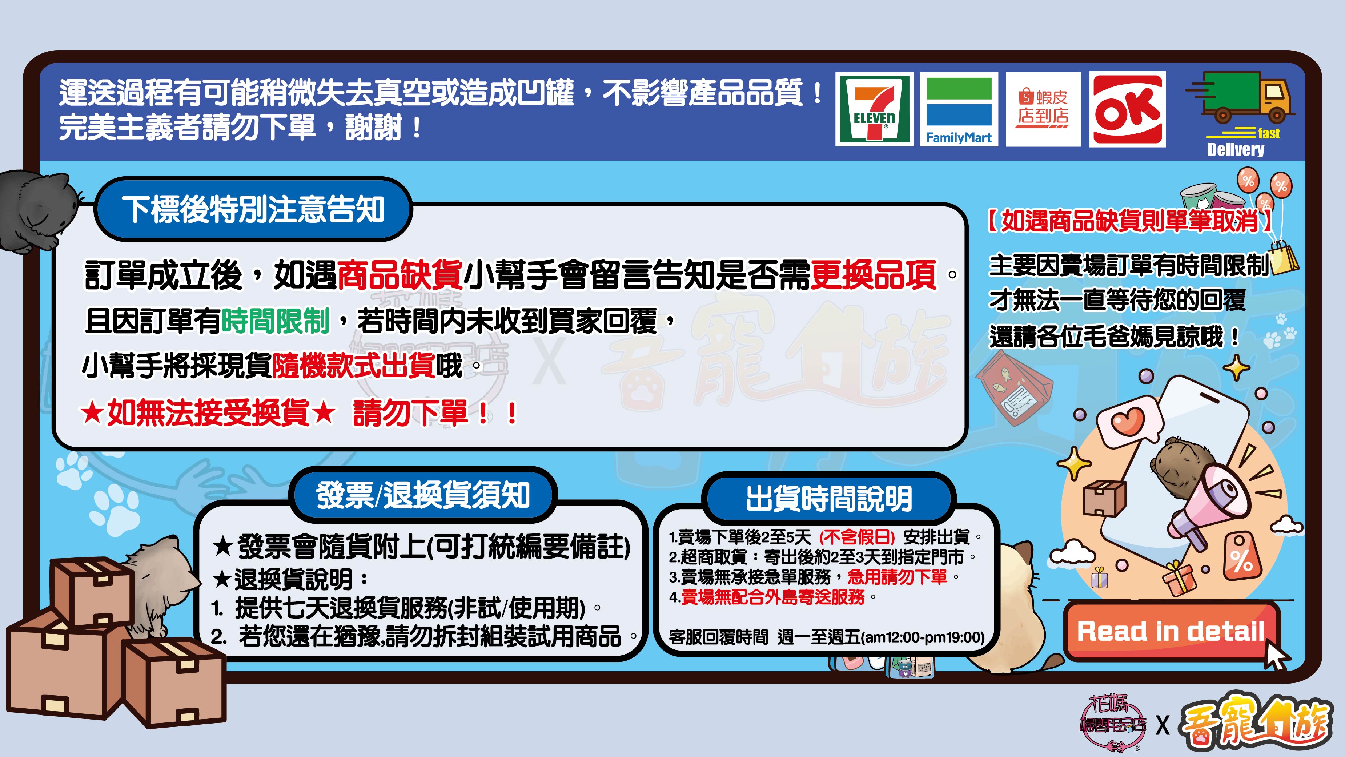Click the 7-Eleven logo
(875, 109)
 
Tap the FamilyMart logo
(959, 109)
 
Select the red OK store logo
(1127, 109)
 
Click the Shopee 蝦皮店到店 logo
(1043, 109)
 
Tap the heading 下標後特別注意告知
(253, 209)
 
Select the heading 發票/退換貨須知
(423, 495)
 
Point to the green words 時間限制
(276, 321)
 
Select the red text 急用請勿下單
(897, 577)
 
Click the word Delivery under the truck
(1236, 150)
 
